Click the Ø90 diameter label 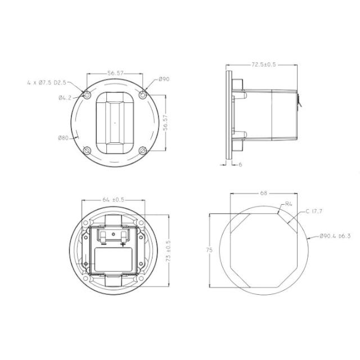coord(164,79)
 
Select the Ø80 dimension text coord(64,138)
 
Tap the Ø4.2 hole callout coord(65,98)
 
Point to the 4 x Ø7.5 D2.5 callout coord(47,83)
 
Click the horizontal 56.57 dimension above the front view coord(115,73)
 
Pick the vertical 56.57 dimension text coord(165,123)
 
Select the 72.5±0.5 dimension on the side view coord(264,65)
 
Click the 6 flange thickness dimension coord(240,165)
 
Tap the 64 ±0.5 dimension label coord(114,200)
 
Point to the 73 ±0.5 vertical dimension coord(169,251)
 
